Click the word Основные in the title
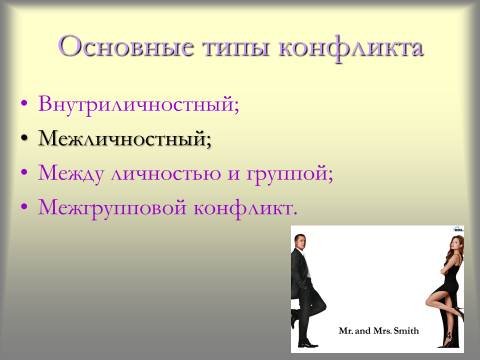(126, 47)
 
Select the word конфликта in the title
(351, 49)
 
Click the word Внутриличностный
(137, 104)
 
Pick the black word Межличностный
(123, 139)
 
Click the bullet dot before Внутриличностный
(24, 104)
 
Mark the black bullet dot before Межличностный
(24, 138)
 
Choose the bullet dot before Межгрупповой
(24, 207)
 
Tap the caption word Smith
(406, 331)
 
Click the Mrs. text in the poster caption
(382, 331)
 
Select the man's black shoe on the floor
(308, 344)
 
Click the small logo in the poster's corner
(459, 229)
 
